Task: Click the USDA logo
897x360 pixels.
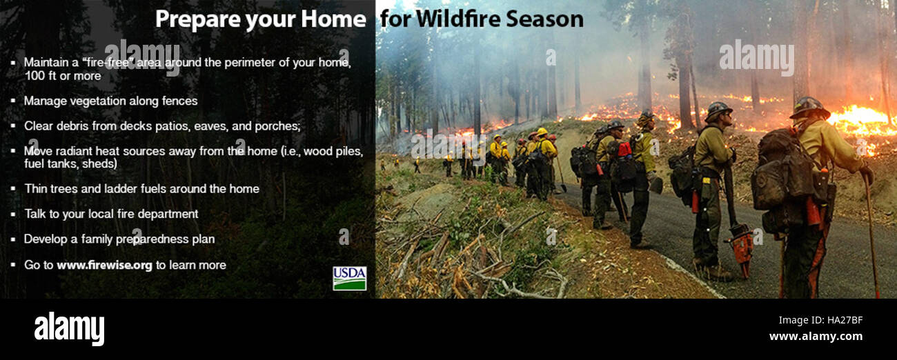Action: [x=349, y=278]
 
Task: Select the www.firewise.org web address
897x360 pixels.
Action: [x=104, y=265]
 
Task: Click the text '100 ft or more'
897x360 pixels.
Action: [x=62, y=76]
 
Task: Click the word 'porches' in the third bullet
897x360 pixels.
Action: [x=278, y=126]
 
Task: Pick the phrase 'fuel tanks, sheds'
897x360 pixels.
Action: [x=70, y=163]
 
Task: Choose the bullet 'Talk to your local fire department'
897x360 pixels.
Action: [x=110, y=214]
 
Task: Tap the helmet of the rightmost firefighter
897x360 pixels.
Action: [x=809, y=107]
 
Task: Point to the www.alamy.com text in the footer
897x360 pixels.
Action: [x=816, y=337]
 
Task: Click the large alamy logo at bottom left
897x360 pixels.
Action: [x=69, y=328]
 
